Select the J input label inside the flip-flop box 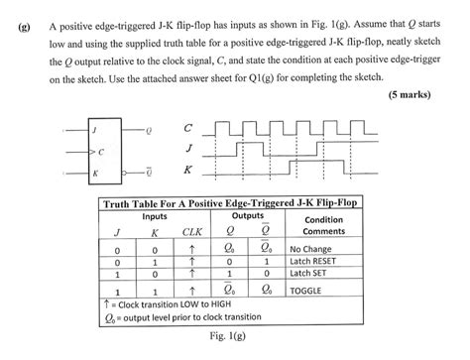click(x=96, y=129)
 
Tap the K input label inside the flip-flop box click(x=95, y=173)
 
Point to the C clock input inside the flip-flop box click(x=101, y=151)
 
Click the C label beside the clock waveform click(x=188, y=128)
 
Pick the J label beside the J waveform click(x=188, y=149)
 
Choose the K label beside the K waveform click(x=188, y=170)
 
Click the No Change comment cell click(x=312, y=249)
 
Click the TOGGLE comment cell click(x=309, y=292)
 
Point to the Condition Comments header click(x=323, y=225)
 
